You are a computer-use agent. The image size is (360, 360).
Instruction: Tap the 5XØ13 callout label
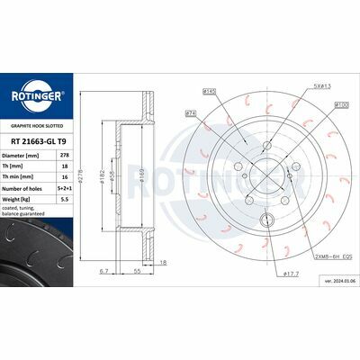[298, 86]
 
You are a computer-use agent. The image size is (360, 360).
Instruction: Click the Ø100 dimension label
[318, 105]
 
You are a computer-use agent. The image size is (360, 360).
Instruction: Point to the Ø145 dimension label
[211, 91]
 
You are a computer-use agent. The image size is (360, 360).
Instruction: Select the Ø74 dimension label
[192, 113]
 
